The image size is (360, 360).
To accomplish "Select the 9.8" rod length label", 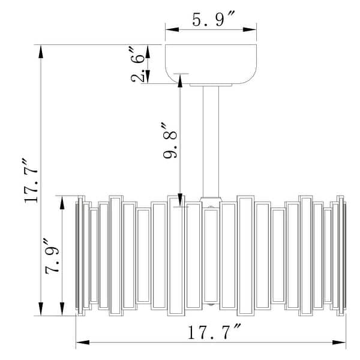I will [x=170, y=140].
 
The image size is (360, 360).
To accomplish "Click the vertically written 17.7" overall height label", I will [x=31, y=181].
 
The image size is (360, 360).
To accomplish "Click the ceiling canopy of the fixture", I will [x=211, y=64].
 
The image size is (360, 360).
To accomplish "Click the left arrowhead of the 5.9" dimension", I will [x=169, y=29].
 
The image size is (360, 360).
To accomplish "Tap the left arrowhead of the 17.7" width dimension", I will [x=80, y=343].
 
